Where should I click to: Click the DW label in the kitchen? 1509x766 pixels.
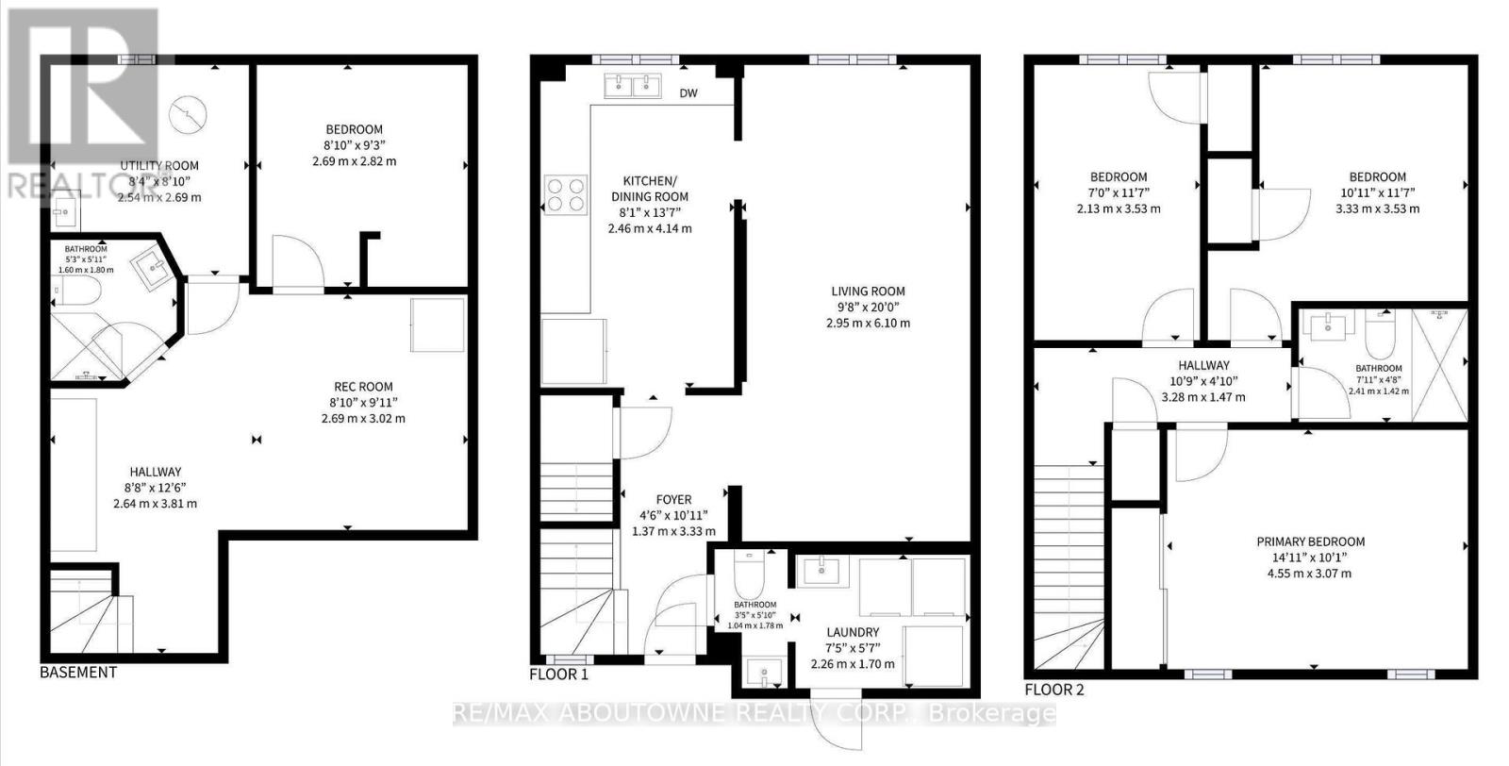tap(688, 93)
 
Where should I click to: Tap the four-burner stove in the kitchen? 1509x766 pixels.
tap(564, 194)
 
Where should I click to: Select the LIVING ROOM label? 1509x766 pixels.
tap(868, 291)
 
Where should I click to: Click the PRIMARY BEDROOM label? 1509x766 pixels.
tap(1310, 541)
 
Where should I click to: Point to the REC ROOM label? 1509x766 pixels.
tap(363, 387)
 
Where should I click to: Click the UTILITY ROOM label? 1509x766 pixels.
tap(159, 166)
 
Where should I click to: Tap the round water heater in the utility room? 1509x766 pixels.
tap(187, 114)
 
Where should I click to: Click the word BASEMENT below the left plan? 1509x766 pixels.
tap(78, 673)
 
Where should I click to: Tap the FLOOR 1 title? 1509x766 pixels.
tap(558, 674)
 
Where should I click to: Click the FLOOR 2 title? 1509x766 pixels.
tap(1054, 690)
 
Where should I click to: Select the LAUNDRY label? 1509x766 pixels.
tap(852, 632)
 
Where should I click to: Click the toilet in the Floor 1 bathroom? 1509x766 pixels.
tap(751, 569)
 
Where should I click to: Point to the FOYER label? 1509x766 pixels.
tap(673, 500)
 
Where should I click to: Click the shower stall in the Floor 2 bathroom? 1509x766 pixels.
tap(1439, 364)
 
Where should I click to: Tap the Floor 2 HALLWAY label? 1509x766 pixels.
tap(1203, 365)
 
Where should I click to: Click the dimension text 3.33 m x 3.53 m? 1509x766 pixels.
tap(1377, 208)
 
